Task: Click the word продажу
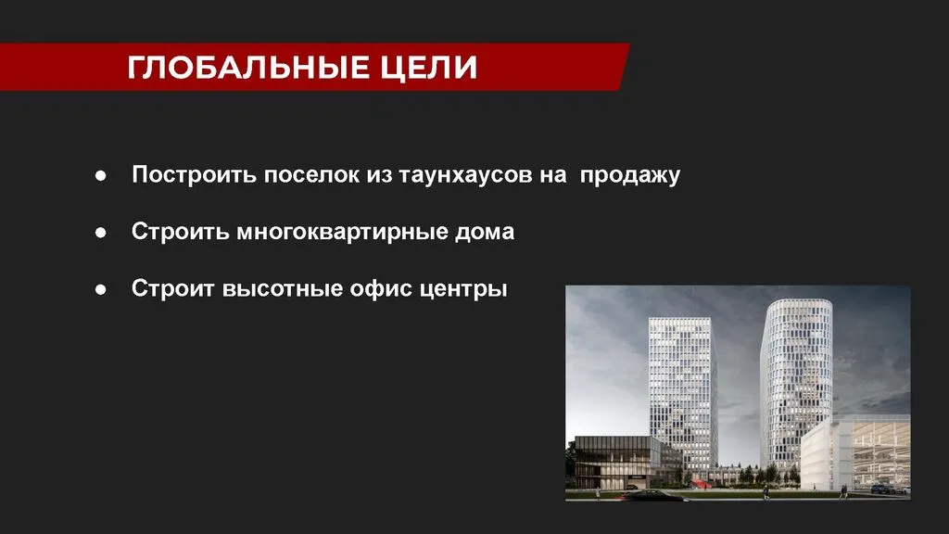point(630,175)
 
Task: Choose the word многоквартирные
point(342,233)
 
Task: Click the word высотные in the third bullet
point(283,289)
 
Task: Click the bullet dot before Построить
point(100,175)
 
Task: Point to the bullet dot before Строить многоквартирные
point(100,233)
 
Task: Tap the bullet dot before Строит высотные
point(100,289)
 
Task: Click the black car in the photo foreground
point(653,496)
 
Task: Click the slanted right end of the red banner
point(623,67)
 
